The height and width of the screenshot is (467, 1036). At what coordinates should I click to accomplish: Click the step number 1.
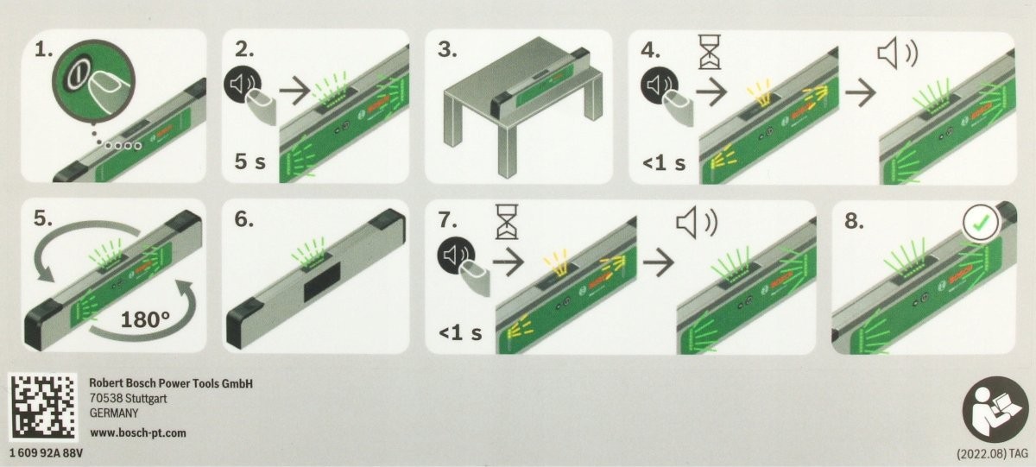[x=44, y=49]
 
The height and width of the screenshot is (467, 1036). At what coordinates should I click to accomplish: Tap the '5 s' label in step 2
[x=250, y=161]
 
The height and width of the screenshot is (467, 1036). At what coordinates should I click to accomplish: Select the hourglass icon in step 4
[x=710, y=51]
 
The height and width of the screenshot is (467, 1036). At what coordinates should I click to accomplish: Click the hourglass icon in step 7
[x=507, y=222]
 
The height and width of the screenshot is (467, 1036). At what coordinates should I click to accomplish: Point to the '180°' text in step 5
[x=145, y=319]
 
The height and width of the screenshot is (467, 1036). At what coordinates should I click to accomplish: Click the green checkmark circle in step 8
[x=982, y=224]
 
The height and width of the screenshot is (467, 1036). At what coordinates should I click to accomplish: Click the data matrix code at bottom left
[x=43, y=407]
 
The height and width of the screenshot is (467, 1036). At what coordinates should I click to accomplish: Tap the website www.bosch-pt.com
[x=138, y=433]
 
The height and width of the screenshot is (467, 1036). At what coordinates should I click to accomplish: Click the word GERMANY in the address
[x=114, y=413]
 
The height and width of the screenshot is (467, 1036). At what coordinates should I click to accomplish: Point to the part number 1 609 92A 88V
[x=47, y=453]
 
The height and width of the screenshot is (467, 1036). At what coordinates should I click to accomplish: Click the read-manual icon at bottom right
[x=995, y=409]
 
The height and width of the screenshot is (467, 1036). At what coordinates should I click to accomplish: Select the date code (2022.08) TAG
[x=993, y=454]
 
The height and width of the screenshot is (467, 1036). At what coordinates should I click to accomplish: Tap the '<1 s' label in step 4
[x=664, y=163]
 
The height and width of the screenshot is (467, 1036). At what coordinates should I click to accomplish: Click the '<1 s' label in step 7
[x=460, y=332]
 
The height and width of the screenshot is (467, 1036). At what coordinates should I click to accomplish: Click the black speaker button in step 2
[x=243, y=85]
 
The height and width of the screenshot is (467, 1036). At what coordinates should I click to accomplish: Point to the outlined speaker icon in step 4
[x=898, y=54]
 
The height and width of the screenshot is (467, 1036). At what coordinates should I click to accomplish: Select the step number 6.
[x=243, y=219]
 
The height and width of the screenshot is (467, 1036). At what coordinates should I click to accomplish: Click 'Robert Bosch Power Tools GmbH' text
[x=171, y=383]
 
